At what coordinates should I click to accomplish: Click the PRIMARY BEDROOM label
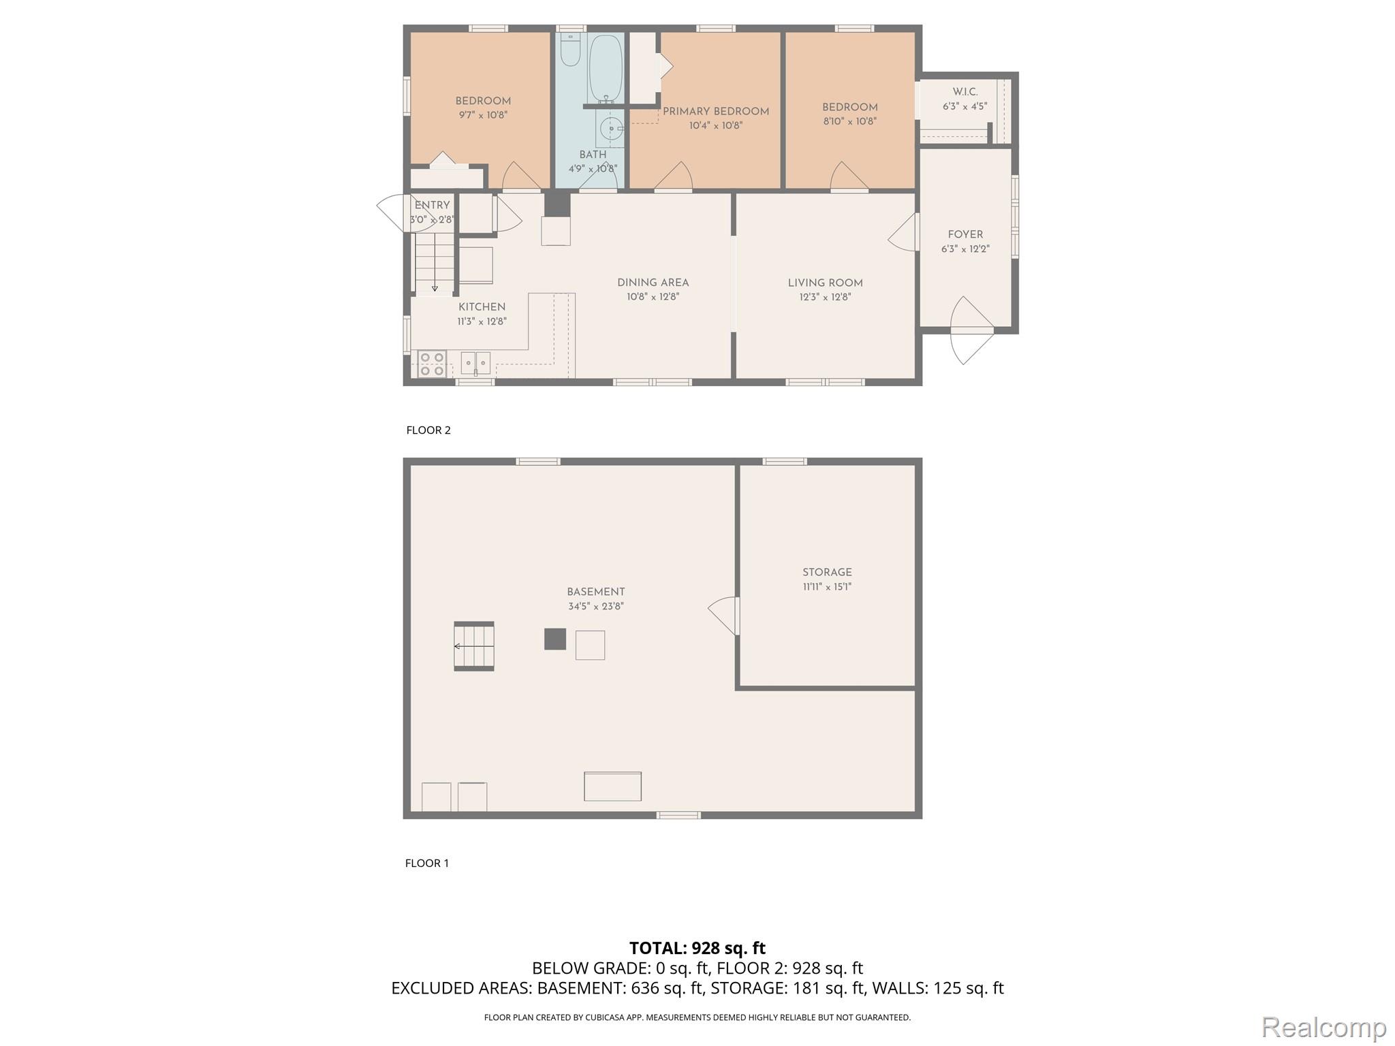tap(715, 112)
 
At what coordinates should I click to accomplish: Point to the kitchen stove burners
tap(432, 364)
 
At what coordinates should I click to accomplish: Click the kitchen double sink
tap(475, 363)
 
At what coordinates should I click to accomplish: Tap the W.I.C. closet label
tap(965, 92)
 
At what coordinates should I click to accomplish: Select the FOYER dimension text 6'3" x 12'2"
tap(965, 249)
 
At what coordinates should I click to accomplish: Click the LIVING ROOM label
tap(825, 283)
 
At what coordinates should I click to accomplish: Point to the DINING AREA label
tap(653, 283)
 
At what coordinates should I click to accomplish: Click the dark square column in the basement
tap(555, 639)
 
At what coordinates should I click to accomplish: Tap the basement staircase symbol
tap(474, 646)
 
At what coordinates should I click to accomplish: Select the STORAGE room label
tap(826, 573)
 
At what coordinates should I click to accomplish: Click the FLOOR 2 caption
tap(428, 430)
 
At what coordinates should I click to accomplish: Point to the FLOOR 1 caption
tap(427, 863)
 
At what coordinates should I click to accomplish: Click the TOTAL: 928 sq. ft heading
tap(697, 948)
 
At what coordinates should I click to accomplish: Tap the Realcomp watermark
tap(1323, 1027)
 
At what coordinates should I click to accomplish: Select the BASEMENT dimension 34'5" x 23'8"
tap(595, 606)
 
